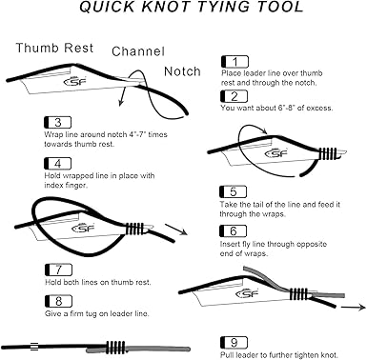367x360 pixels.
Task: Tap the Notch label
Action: click(x=182, y=70)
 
